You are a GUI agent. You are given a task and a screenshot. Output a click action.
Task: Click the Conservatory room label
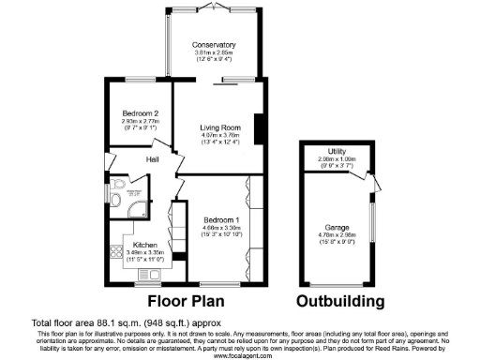(x=214, y=45)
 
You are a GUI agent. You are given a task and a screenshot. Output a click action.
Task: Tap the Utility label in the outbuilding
(x=337, y=151)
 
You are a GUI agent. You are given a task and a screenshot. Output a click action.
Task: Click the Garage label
(x=337, y=228)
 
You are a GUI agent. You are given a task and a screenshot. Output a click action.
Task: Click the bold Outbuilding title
(x=340, y=302)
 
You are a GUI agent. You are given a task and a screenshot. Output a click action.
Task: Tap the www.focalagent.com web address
(x=240, y=355)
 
